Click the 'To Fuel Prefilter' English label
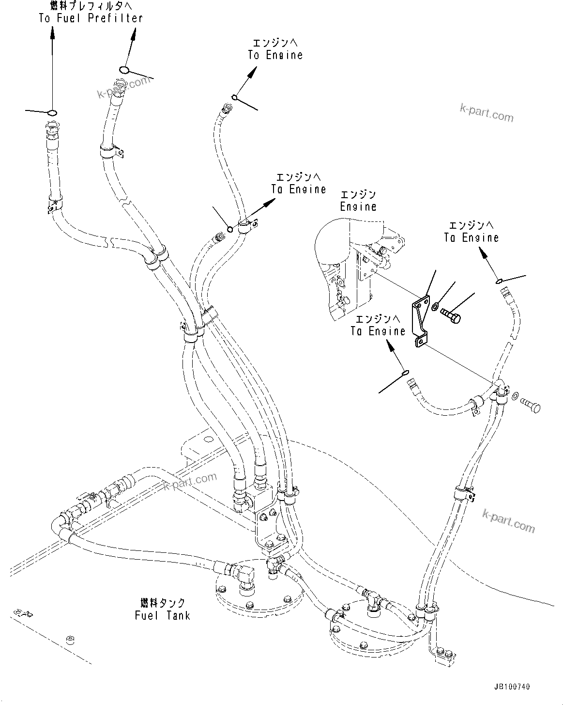pos(91,18)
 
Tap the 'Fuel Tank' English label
pos(162,615)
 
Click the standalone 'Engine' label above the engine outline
pos(358,206)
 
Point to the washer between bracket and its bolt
pos(435,306)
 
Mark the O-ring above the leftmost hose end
pos(52,113)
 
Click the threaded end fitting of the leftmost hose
pos(52,131)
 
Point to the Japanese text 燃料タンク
pos(162,603)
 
